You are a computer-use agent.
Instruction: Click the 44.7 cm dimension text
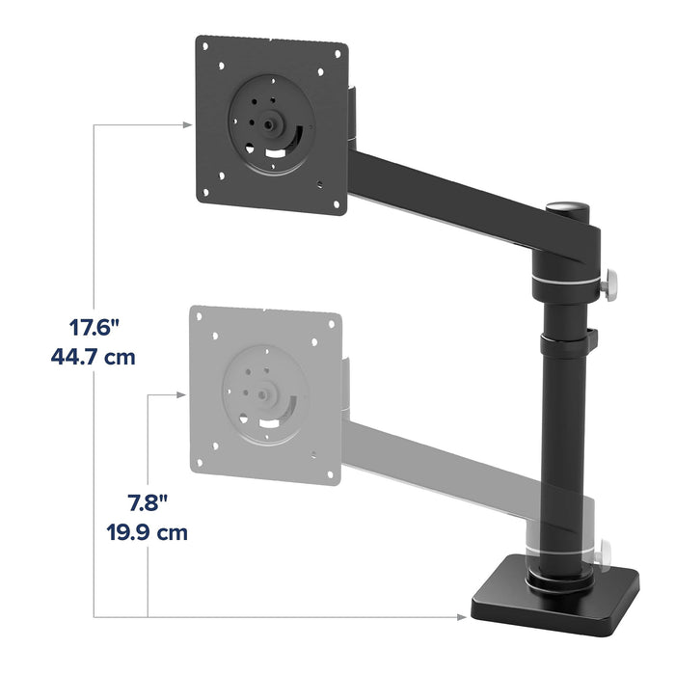[x=93, y=357]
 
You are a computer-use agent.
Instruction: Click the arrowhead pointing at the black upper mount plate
[x=186, y=123]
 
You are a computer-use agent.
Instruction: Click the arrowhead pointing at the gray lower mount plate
[x=180, y=393]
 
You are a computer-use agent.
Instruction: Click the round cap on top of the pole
[x=568, y=207]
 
